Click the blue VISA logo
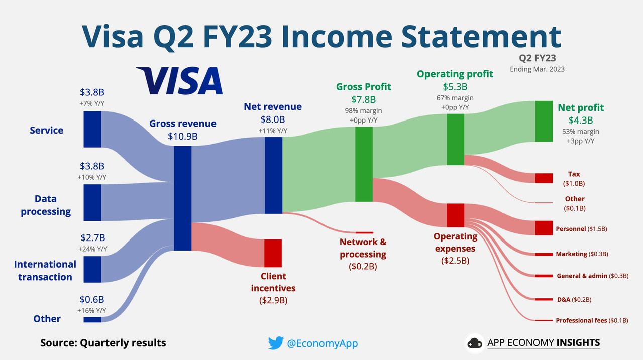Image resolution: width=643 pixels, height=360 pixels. [179, 81]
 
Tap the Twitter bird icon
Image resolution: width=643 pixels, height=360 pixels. [276, 343]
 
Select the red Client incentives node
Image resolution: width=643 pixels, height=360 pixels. [273, 253]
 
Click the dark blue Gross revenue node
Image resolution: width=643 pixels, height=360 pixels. [182, 198]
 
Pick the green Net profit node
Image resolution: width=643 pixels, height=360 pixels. [544, 122]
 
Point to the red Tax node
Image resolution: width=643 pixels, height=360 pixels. [544, 178]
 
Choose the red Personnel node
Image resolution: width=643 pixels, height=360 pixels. [544, 228]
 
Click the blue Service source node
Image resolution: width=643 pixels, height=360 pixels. [92, 130]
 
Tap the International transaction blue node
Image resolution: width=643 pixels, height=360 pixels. [92, 269]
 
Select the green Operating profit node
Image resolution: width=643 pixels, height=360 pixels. [455, 140]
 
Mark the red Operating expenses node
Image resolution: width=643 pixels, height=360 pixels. [455, 215]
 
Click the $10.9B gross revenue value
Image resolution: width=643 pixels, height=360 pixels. [183, 136]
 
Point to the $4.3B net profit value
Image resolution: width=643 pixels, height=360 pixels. [581, 121]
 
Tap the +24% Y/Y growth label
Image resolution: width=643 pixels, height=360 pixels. [93, 249]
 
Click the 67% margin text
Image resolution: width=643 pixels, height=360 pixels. [455, 98]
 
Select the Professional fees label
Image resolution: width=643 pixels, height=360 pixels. [581, 320]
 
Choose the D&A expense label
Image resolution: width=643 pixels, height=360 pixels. [564, 300]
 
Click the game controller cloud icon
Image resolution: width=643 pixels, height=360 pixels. [475, 343]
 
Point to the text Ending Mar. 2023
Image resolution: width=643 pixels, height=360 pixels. [537, 69]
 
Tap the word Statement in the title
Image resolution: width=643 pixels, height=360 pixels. [481, 37]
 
